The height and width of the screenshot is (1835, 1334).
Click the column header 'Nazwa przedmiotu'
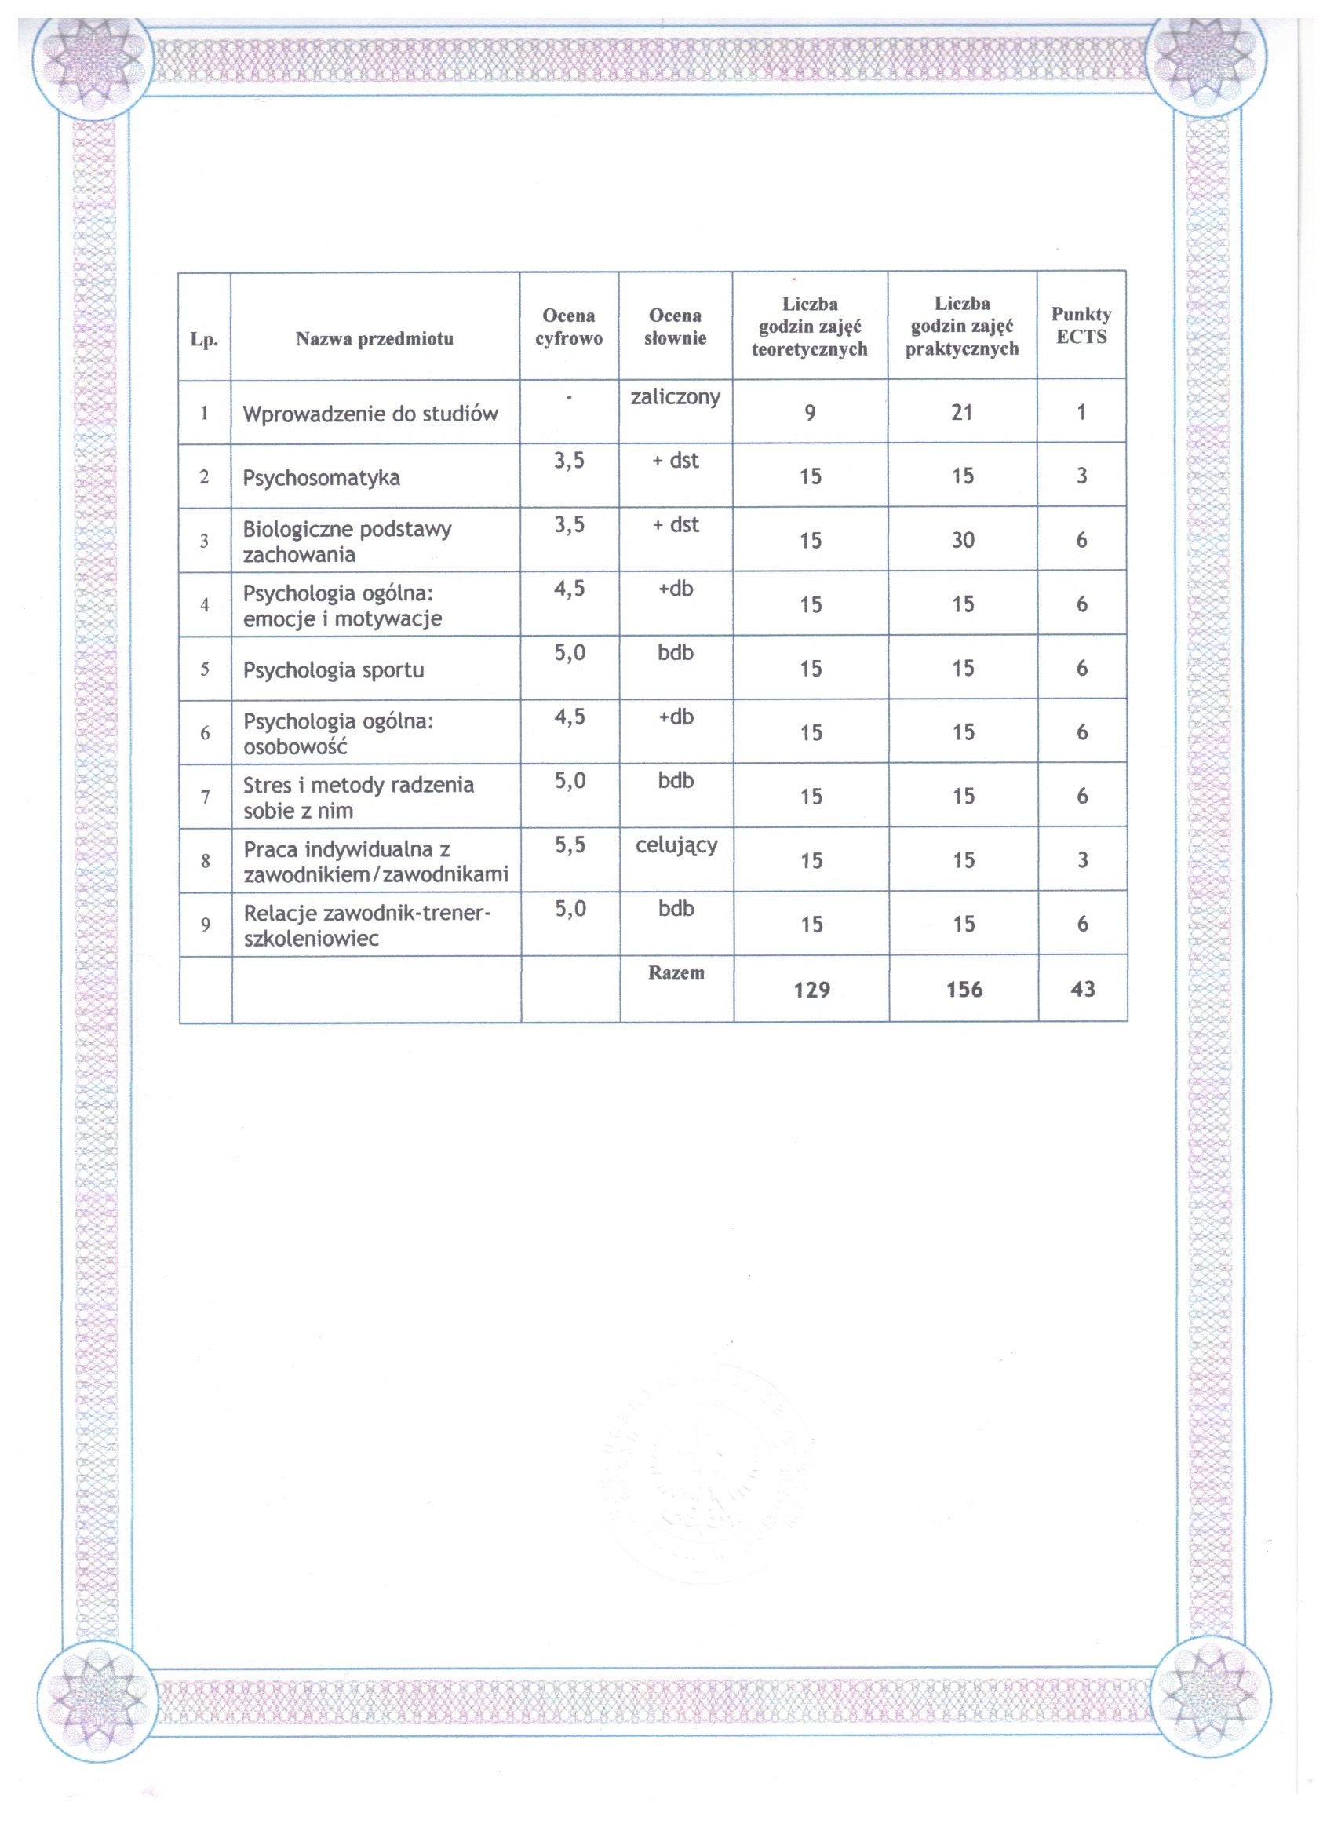(x=374, y=338)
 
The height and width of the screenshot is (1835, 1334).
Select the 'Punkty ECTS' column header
(x=1081, y=325)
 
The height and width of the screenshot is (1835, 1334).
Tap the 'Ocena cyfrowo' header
(x=569, y=327)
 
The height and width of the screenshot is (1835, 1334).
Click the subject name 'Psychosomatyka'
(x=321, y=477)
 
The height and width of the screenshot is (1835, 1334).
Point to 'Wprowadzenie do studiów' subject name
(x=370, y=414)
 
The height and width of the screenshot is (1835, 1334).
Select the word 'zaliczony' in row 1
(x=676, y=396)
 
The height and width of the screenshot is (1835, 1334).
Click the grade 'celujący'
(x=676, y=845)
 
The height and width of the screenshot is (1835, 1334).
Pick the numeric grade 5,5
(x=570, y=845)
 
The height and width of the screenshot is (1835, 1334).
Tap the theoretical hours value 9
(x=810, y=413)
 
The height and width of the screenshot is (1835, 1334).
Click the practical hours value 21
(x=962, y=413)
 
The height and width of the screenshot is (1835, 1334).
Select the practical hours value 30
(x=963, y=541)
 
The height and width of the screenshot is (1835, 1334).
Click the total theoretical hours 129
(x=811, y=990)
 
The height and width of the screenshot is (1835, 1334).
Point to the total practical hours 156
(x=964, y=990)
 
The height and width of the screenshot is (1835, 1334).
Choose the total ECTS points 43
(x=1082, y=989)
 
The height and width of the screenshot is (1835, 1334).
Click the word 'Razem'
(x=676, y=972)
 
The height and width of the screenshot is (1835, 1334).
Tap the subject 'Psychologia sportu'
(x=333, y=670)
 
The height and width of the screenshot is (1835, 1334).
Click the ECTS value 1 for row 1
(x=1081, y=413)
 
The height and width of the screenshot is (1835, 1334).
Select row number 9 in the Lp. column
(x=206, y=925)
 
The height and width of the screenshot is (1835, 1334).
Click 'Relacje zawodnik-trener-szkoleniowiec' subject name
(x=366, y=925)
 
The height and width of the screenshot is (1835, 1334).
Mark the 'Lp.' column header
(x=204, y=339)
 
